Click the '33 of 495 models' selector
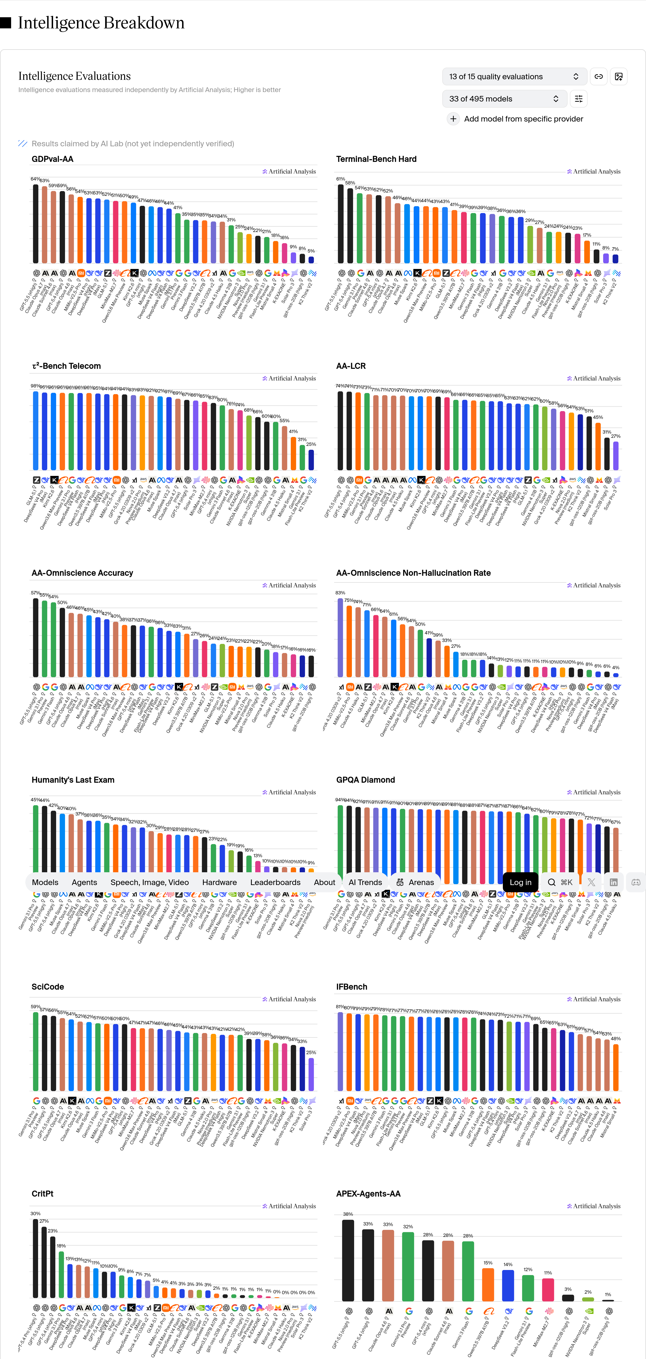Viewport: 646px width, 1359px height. (504, 99)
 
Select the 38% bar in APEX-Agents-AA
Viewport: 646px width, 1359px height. (348, 1261)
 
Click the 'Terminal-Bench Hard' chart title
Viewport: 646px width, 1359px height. (376, 159)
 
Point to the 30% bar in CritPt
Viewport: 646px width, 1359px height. (35, 1258)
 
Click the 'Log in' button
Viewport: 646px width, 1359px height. (520, 882)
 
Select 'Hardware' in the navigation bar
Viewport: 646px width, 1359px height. (219, 882)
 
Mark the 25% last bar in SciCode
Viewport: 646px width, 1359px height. (311, 1074)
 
